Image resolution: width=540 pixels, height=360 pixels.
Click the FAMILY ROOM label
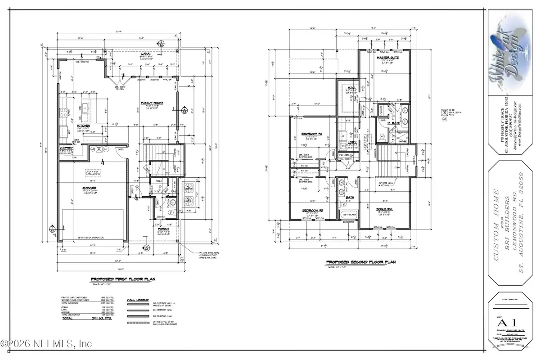pos(151,103)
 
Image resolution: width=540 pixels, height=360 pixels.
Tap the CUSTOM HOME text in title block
pos(495,212)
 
